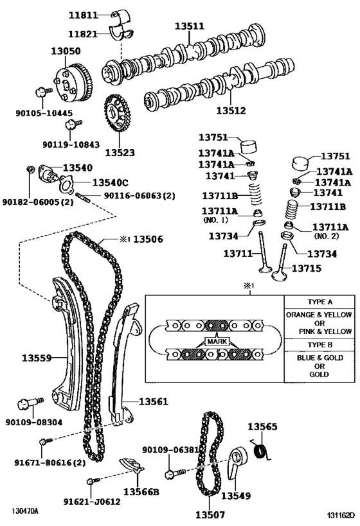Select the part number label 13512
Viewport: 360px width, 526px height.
tap(230, 110)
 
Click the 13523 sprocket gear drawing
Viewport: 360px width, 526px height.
tap(116, 116)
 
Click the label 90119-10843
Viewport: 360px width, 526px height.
tap(71, 145)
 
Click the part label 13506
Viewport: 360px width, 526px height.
tap(148, 239)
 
